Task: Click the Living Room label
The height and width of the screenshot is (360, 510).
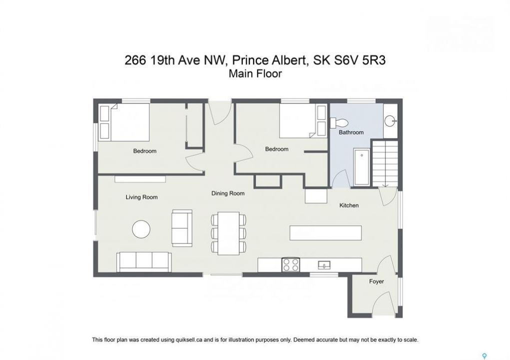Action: pos(142,197)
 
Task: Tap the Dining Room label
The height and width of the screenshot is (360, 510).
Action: pos(228,193)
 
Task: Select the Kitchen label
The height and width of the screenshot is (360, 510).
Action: pos(349,205)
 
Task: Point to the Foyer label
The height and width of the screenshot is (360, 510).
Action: pos(376,281)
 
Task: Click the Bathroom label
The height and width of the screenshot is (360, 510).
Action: pos(351,132)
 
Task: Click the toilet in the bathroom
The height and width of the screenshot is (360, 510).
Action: pos(339,123)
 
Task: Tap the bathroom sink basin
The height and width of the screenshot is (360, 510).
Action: pos(390,121)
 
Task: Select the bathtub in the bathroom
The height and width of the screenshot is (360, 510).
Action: pos(362,167)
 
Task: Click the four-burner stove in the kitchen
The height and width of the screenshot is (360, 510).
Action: pos(291,264)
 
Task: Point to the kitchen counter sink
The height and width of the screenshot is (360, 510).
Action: pos(324,265)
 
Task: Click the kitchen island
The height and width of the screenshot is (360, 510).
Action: pos(326,233)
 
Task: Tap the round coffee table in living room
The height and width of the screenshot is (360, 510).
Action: pos(141,229)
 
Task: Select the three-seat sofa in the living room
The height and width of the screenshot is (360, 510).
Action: pos(144,262)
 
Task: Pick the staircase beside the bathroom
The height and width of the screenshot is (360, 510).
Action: pos(385,163)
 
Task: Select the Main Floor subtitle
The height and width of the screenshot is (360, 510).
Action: pos(255,73)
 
